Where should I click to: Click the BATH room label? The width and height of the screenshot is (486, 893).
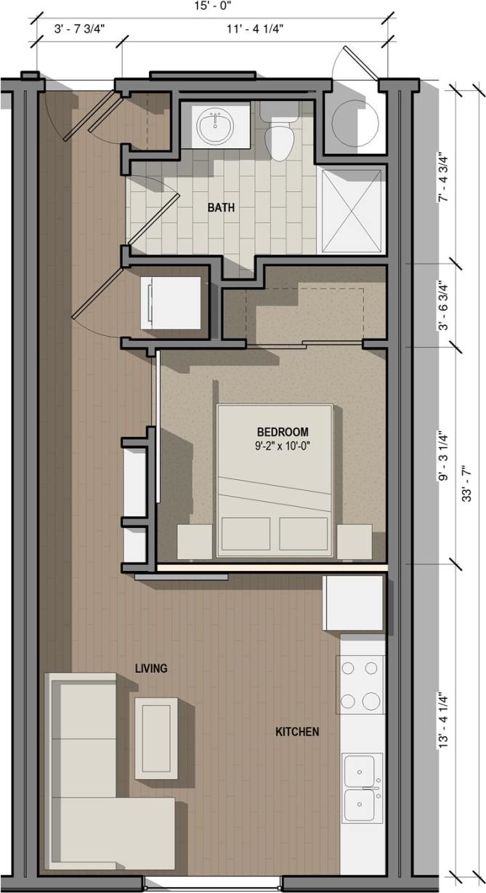coord(222,207)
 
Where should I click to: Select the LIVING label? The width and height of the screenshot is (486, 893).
coord(151,668)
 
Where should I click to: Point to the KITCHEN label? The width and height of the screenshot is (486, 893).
coord(296,732)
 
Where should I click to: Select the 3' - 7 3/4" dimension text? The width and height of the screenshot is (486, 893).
coord(79,29)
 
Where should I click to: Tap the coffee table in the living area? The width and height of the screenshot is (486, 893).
coord(156,737)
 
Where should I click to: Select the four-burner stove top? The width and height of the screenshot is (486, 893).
coord(360,684)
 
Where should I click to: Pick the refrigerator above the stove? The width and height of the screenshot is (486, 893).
coord(353,603)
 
